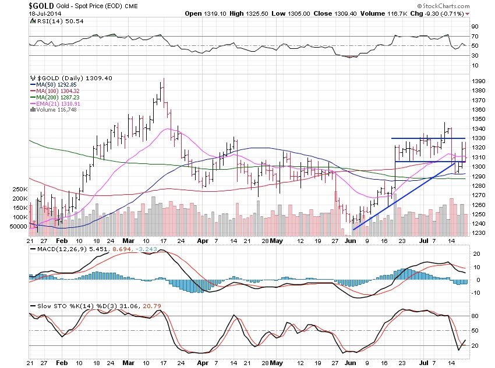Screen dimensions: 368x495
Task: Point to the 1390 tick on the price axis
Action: (x=479, y=81)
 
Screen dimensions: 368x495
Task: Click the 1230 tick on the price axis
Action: (x=479, y=233)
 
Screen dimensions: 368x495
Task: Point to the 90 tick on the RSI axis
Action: (x=475, y=27)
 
